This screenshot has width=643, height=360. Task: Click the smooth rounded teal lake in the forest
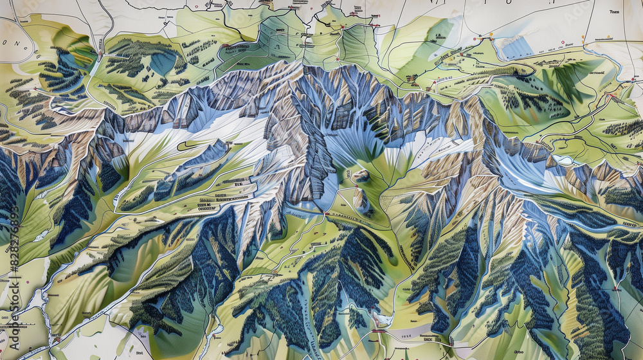click(162, 62)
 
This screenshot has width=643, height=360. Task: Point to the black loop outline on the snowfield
click(186, 145)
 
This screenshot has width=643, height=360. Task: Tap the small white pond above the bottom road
click(382, 319)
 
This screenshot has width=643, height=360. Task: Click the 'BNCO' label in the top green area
click(280, 30)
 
